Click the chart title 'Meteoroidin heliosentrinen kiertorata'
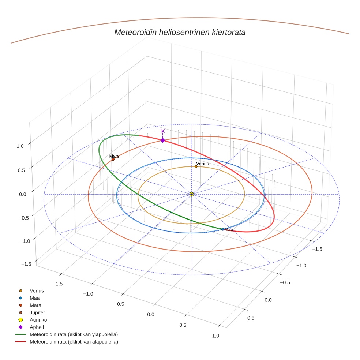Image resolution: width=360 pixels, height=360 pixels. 180,32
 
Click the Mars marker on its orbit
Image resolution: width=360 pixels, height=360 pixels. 113,160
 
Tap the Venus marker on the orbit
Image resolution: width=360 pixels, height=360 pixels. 196,166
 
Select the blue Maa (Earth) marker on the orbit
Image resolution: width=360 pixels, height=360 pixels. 223,229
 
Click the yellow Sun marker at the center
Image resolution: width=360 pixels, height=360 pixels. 192,194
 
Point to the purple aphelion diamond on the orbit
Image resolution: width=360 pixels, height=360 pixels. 163,140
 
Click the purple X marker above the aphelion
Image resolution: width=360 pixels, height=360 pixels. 163,131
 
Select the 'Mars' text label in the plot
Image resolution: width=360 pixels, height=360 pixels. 114,156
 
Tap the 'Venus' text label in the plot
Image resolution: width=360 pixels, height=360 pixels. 202,164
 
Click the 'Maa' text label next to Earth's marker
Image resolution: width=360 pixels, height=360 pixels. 229,230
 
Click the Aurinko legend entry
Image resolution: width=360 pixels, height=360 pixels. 38,320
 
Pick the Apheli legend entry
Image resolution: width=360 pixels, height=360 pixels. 37,327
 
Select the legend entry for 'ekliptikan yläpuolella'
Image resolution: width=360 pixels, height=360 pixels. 74,334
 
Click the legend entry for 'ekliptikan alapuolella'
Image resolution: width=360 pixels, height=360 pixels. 74,342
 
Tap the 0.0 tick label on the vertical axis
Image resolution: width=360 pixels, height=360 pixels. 23,194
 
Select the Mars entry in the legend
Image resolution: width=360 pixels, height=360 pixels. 35,305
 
